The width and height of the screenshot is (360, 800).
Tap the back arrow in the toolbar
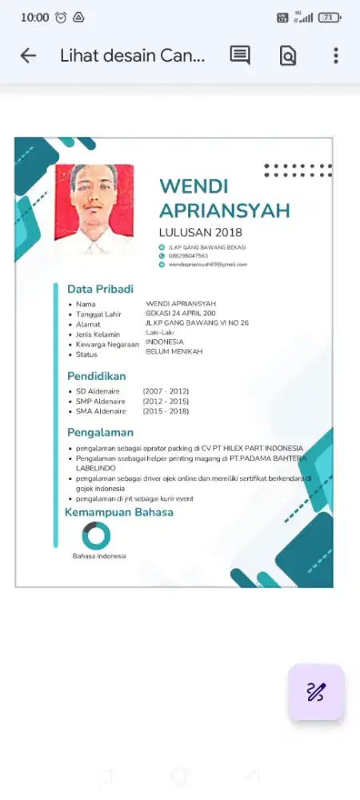(28, 55)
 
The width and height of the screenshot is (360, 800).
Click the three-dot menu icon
(336, 55)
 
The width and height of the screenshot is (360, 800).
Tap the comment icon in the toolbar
(240, 55)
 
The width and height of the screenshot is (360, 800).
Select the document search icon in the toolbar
(288, 55)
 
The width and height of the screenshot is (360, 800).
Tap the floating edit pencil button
(316, 692)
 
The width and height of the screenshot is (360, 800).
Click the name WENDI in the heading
(194, 186)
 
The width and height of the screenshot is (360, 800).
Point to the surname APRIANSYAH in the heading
(225, 210)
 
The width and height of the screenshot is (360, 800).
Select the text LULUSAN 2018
(200, 232)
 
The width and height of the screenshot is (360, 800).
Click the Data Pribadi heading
(100, 289)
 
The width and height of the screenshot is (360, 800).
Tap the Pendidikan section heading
(96, 375)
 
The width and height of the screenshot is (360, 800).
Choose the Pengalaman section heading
(100, 432)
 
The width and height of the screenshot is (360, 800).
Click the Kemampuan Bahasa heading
(118, 512)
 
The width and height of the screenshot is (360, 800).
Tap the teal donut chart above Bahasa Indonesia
(97, 536)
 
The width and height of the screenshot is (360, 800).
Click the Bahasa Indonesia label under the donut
(99, 556)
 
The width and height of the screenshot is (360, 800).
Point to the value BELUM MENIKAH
(174, 351)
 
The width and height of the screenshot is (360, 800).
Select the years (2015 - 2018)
(166, 411)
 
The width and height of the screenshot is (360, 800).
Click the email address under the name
(207, 264)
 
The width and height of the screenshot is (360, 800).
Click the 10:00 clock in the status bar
(34, 18)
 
